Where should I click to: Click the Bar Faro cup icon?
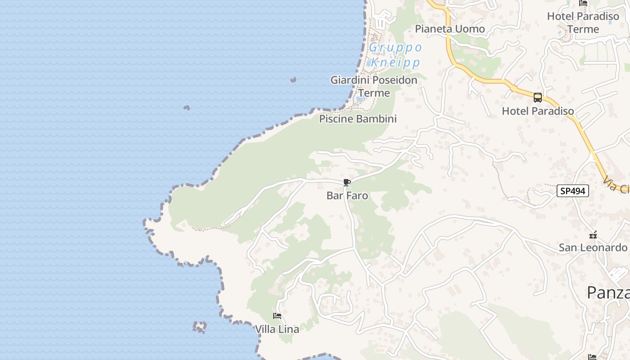tap(346, 182)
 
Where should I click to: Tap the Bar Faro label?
tap(347, 196)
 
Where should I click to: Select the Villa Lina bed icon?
tap(277, 316)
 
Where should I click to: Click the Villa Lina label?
tap(277, 329)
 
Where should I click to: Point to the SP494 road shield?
tap(573, 191)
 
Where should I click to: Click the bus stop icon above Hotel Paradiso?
tap(537, 98)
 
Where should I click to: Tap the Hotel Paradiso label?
tap(538, 111)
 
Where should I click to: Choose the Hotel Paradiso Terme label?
tap(583, 22)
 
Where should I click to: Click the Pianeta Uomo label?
tap(450, 29)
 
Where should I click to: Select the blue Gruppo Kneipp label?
tap(395, 54)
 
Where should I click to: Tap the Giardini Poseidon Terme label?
tap(374, 86)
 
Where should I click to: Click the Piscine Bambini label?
tap(358, 119)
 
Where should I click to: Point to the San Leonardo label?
tap(593, 247)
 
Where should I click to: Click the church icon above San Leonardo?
tap(593, 235)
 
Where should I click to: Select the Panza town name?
tap(608, 292)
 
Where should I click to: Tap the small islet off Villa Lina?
tap(199, 327)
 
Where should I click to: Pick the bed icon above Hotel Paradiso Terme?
tap(583, 3)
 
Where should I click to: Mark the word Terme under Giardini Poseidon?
tap(374, 93)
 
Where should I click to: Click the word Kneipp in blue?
tap(396, 62)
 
